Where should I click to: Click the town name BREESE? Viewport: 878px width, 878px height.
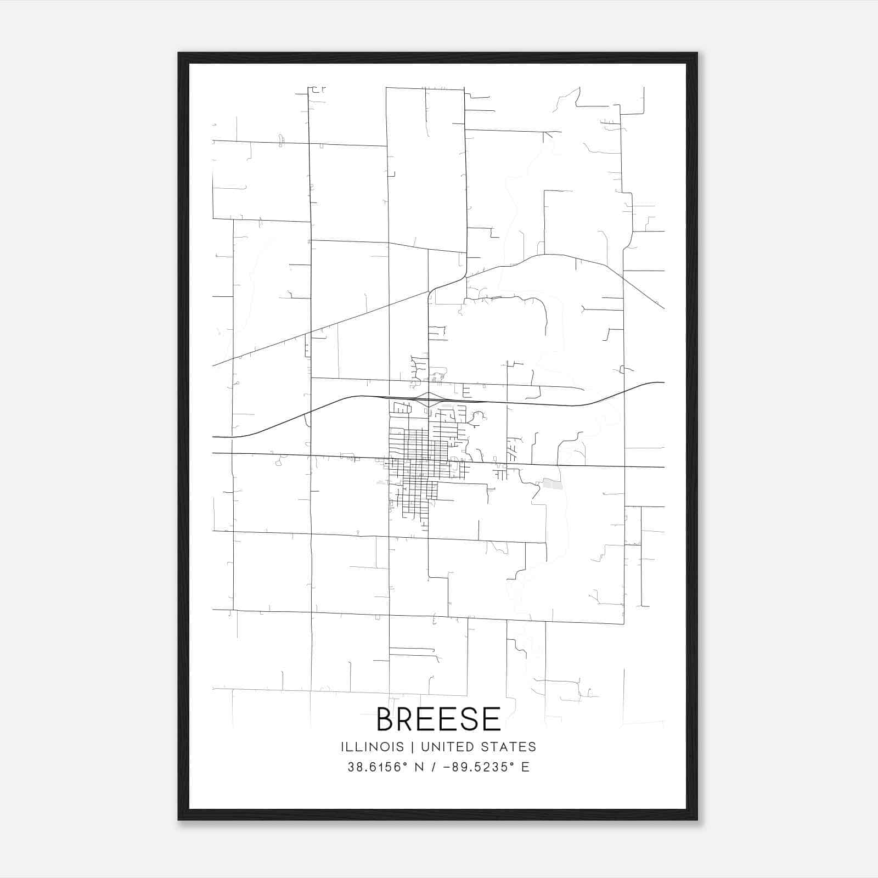438,719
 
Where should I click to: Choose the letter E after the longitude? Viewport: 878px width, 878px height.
525,767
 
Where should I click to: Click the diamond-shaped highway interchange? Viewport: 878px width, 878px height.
428,399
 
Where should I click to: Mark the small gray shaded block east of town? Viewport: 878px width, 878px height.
552,483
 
